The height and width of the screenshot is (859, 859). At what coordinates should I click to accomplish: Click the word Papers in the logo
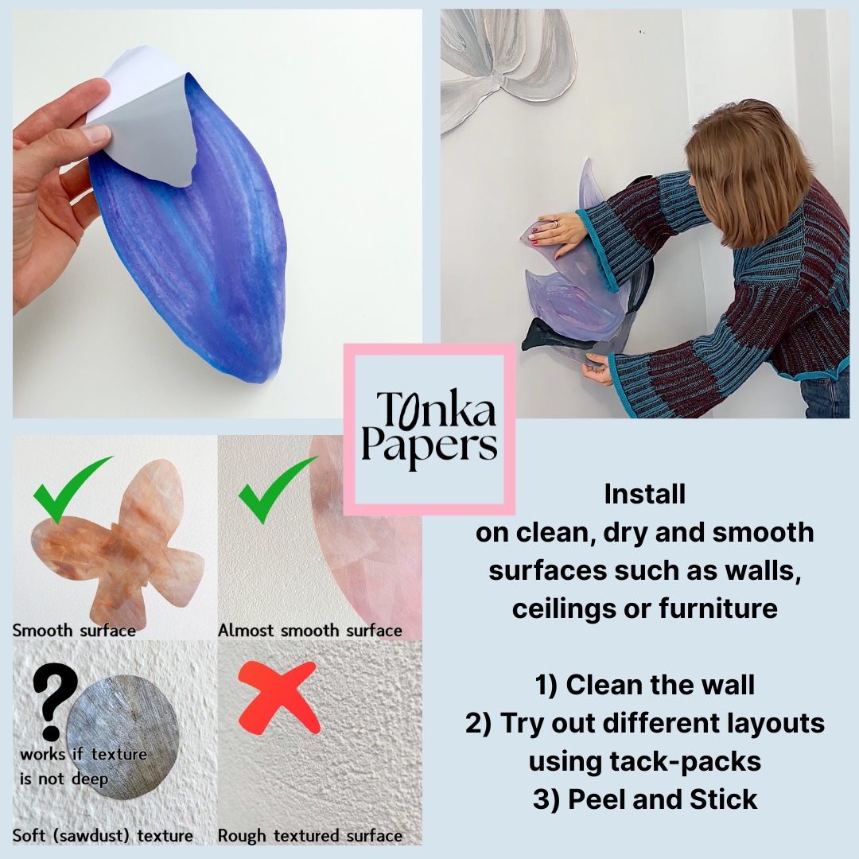click(x=429, y=446)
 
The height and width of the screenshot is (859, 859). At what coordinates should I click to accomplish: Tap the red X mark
click(x=279, y=698)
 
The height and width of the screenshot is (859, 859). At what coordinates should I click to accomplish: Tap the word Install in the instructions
click(x=645, y=494)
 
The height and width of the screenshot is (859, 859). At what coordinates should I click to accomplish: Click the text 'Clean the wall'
click(x=660, y=685)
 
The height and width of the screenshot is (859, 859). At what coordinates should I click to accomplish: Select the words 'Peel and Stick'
click(x=663, y=799)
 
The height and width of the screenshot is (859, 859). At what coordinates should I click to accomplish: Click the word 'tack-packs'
click(x=685, y=761)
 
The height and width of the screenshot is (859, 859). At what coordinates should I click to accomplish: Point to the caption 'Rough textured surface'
click(x=310, y=835)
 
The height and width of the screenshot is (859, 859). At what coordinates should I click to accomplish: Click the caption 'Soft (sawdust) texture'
click(x=103, y=835)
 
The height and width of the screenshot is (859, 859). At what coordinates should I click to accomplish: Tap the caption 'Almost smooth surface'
click(x=310, y=631)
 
